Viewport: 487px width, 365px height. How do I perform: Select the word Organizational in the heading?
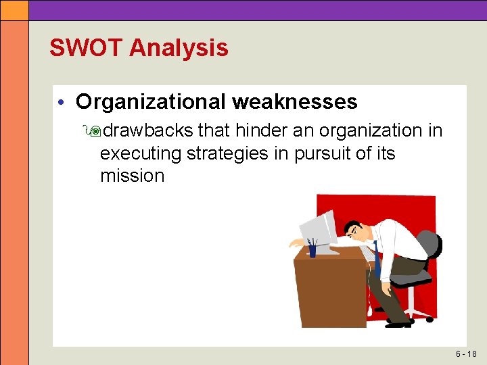click(x=151, y=101)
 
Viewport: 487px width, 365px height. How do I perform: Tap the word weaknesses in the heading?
click(x=294, y=101)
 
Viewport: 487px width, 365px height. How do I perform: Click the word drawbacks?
click(x=148, y=130)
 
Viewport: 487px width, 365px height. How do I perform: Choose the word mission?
click(x=132, y=176)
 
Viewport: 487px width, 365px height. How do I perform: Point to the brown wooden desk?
click(x=329, y=291)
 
